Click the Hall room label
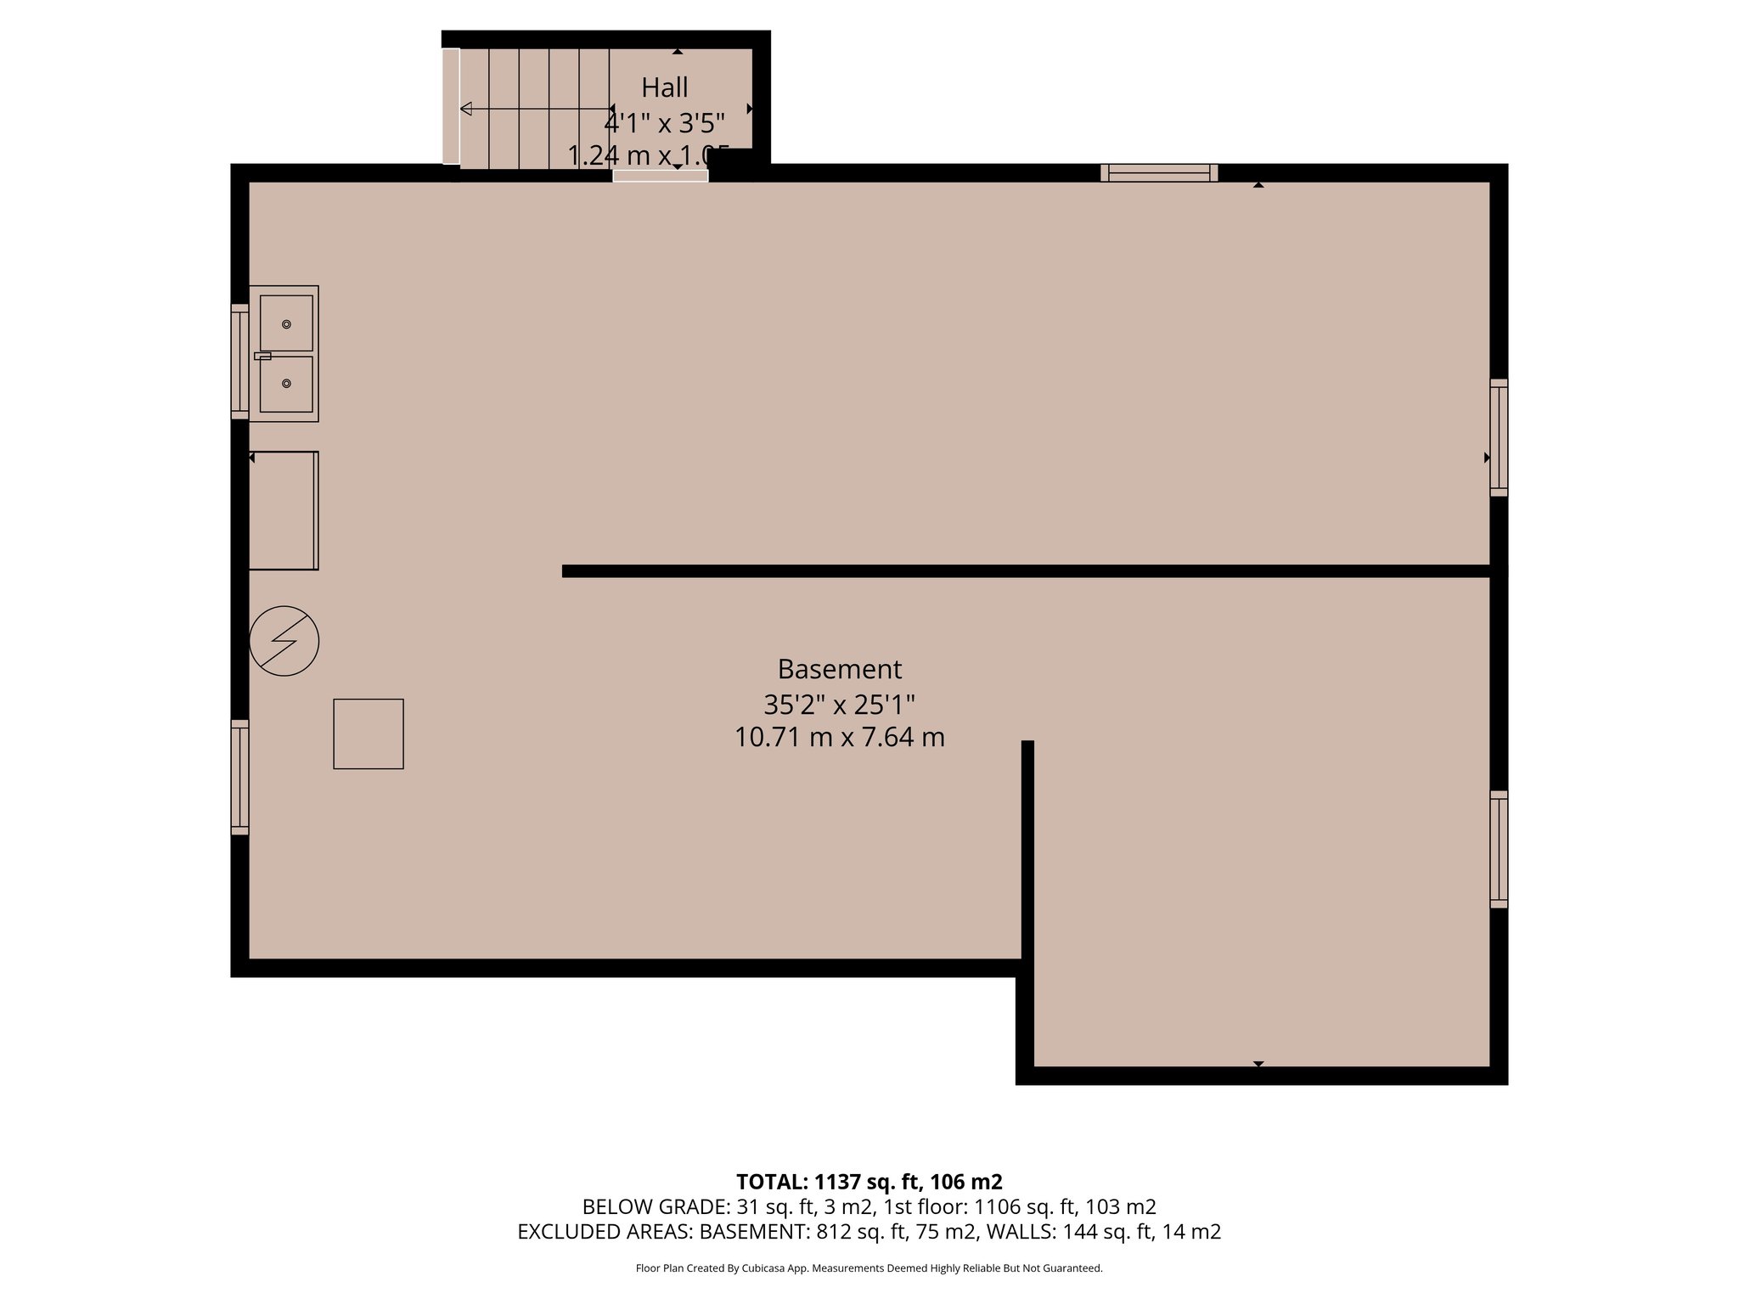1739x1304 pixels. click(x=664, y=87)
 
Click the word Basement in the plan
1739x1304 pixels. click(x=839, y=669)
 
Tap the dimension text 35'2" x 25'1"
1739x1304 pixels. click(x=839, y=705)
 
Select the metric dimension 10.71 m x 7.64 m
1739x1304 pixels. click(x=839, y=737)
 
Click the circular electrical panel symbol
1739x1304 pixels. click(x=284, y=641)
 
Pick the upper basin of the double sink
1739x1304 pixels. click(x=286, y=323)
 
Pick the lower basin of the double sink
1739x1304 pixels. click(x=286, y=384)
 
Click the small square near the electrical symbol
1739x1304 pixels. click(x=369, y=734)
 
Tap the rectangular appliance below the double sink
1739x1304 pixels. click(x=284, y=510)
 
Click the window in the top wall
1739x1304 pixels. click(x=1159, y=173)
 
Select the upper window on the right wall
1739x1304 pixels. click(x=1499, y=437)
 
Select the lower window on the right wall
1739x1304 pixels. click(x=1499, y=849)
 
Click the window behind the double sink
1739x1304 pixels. click(x=240, y=362)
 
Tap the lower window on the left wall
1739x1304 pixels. click(x=240, y=777)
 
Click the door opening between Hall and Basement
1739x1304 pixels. click(x=661, y=176)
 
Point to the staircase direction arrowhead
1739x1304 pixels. click(x=466, y=109)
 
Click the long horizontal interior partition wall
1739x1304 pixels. click(x=1019, y=571)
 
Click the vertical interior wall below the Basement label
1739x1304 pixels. click(x=1027, y=849)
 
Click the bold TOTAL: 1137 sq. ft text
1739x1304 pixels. click(x=869, y=1182)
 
